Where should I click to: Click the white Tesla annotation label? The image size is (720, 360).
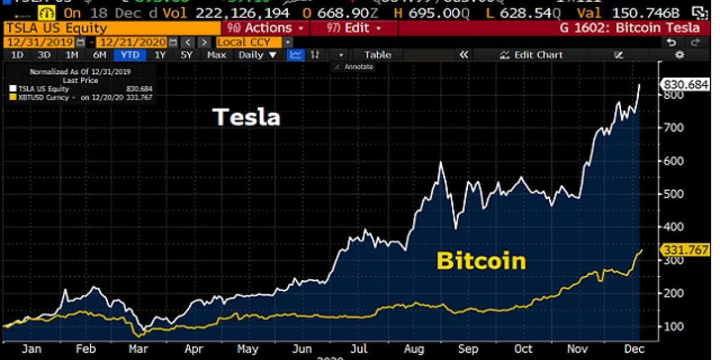tap(247, 117)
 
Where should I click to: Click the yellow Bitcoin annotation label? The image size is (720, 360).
tap(481, 261)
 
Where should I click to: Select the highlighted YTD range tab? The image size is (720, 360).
tap(130, 55)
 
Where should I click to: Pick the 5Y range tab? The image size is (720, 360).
tap(187, 55)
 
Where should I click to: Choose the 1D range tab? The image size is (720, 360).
tap(17, 55)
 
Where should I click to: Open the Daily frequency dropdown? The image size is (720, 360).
tap(257, 55)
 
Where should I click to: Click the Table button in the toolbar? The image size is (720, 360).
tap(377, 55)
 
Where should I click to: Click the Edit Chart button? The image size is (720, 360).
tap(532, 55)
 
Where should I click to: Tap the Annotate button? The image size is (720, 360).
tap(356, 67)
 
